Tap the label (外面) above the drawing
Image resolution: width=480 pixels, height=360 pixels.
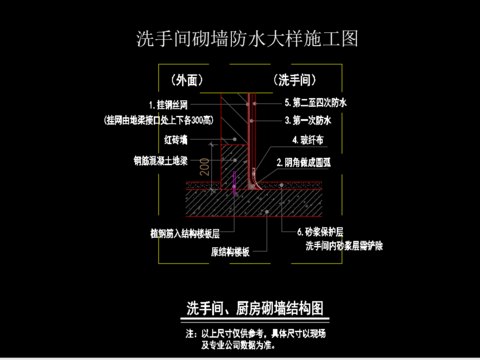[x=188, y=79]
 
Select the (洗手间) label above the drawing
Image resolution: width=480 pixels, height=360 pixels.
[x=293, y=79]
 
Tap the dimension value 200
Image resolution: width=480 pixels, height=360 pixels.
[x=205, y=166]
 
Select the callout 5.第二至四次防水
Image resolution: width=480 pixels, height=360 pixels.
[x=315, y=103]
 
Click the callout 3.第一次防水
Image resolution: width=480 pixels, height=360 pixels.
[x=307, y=118]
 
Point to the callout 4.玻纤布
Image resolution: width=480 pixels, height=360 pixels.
[x=303, y=141]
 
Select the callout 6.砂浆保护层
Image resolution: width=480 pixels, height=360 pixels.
[x=319, y=231]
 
